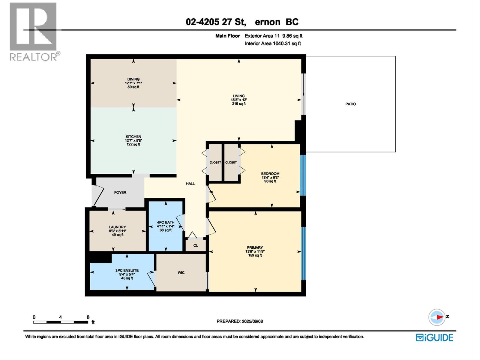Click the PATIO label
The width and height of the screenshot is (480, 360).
click(x=350, y=104)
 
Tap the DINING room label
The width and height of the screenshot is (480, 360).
click(x=133, y=79)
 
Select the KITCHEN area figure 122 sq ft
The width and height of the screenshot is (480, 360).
click(x=133, y=144)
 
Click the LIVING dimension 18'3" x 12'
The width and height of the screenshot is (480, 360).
click(x=239, y=100)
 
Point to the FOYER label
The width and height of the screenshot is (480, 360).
click(x=120, y=193)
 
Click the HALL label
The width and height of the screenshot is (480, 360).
click(x=190, y=184)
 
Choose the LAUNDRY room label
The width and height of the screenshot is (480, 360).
click(x=117, y=227)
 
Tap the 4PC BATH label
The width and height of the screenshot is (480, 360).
click(x=166, y=222)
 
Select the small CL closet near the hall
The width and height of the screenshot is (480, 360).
click(x=196, y=245)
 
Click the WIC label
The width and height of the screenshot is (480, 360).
click(x=181, y=273)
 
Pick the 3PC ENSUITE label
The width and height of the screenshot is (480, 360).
click(x=127, y=270)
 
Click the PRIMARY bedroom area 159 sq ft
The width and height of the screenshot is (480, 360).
click(x=255, y=255)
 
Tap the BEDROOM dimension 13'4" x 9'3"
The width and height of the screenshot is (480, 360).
click(x=270, y=177)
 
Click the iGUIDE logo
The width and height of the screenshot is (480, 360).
click(x=434, y=337)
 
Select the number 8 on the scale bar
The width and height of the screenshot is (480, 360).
click(x=88, y=317)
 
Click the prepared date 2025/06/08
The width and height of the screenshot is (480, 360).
click(x=252, y=321)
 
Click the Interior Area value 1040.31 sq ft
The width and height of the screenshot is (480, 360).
click(x=286, y=43)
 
